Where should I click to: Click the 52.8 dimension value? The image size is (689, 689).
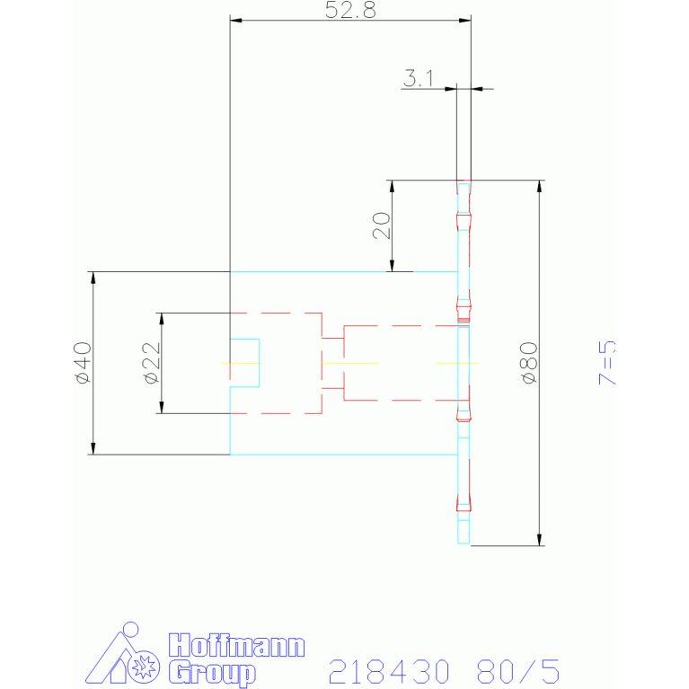coord(350,10)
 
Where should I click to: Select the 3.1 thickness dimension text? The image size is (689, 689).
coord(419,78)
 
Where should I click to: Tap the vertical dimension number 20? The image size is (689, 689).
coord(382,225)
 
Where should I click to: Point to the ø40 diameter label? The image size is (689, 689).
coord(84,363)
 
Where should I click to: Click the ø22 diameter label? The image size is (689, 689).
coord(152,363)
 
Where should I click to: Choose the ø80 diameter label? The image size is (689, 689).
coord(528,363)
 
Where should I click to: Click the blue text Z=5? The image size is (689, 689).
coord(607,363)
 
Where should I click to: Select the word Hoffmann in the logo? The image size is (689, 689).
coord(237,646)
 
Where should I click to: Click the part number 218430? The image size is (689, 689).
coord(389,671)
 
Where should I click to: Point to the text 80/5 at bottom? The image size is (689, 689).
coord(518,671)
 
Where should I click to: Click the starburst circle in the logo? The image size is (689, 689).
coord(144,667)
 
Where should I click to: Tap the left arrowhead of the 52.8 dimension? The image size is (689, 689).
coord(236,21)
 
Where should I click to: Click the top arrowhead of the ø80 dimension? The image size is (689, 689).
coord(540,186)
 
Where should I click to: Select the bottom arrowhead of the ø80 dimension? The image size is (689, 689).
coord(540,540)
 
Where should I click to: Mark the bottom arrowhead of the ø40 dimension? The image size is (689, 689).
coord(93,448)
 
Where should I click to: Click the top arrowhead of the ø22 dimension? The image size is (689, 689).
coord(162,319)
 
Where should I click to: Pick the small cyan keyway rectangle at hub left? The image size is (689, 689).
coord(244,363)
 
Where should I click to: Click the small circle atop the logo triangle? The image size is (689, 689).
coord(131,629)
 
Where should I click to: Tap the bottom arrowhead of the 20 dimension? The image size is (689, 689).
coord(392,265)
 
